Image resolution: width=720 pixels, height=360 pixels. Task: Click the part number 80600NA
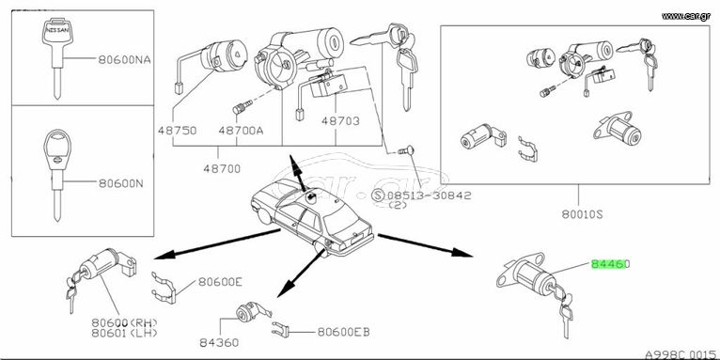coord(124,60)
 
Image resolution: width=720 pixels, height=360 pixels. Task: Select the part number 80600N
coord(120,183)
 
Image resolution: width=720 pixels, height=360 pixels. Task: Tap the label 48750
coord(178,131)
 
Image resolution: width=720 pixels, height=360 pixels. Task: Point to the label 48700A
coord(241,131)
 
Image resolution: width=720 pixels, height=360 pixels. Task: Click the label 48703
coord(340,121)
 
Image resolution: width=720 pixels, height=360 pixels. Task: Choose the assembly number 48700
coord(222,169)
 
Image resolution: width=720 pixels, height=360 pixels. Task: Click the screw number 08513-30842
coord(430,196)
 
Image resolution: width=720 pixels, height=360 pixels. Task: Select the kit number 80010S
coord(582,214)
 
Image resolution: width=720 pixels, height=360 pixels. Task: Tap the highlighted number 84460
coord(610,264)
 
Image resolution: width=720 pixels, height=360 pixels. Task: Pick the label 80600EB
coord(343,332)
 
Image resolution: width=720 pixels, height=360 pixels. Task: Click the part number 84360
coord(219,342)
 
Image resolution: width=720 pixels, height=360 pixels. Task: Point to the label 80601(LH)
coord(124,333)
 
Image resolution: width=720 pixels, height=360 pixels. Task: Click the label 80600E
coord(220,282)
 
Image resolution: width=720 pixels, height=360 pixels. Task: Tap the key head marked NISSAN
coord(57,31)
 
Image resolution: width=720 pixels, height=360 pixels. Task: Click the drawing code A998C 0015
coord(682,354)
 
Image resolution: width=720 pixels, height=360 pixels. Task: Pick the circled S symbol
coord(378,196)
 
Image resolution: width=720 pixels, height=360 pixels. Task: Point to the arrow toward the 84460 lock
coord(425,244)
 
